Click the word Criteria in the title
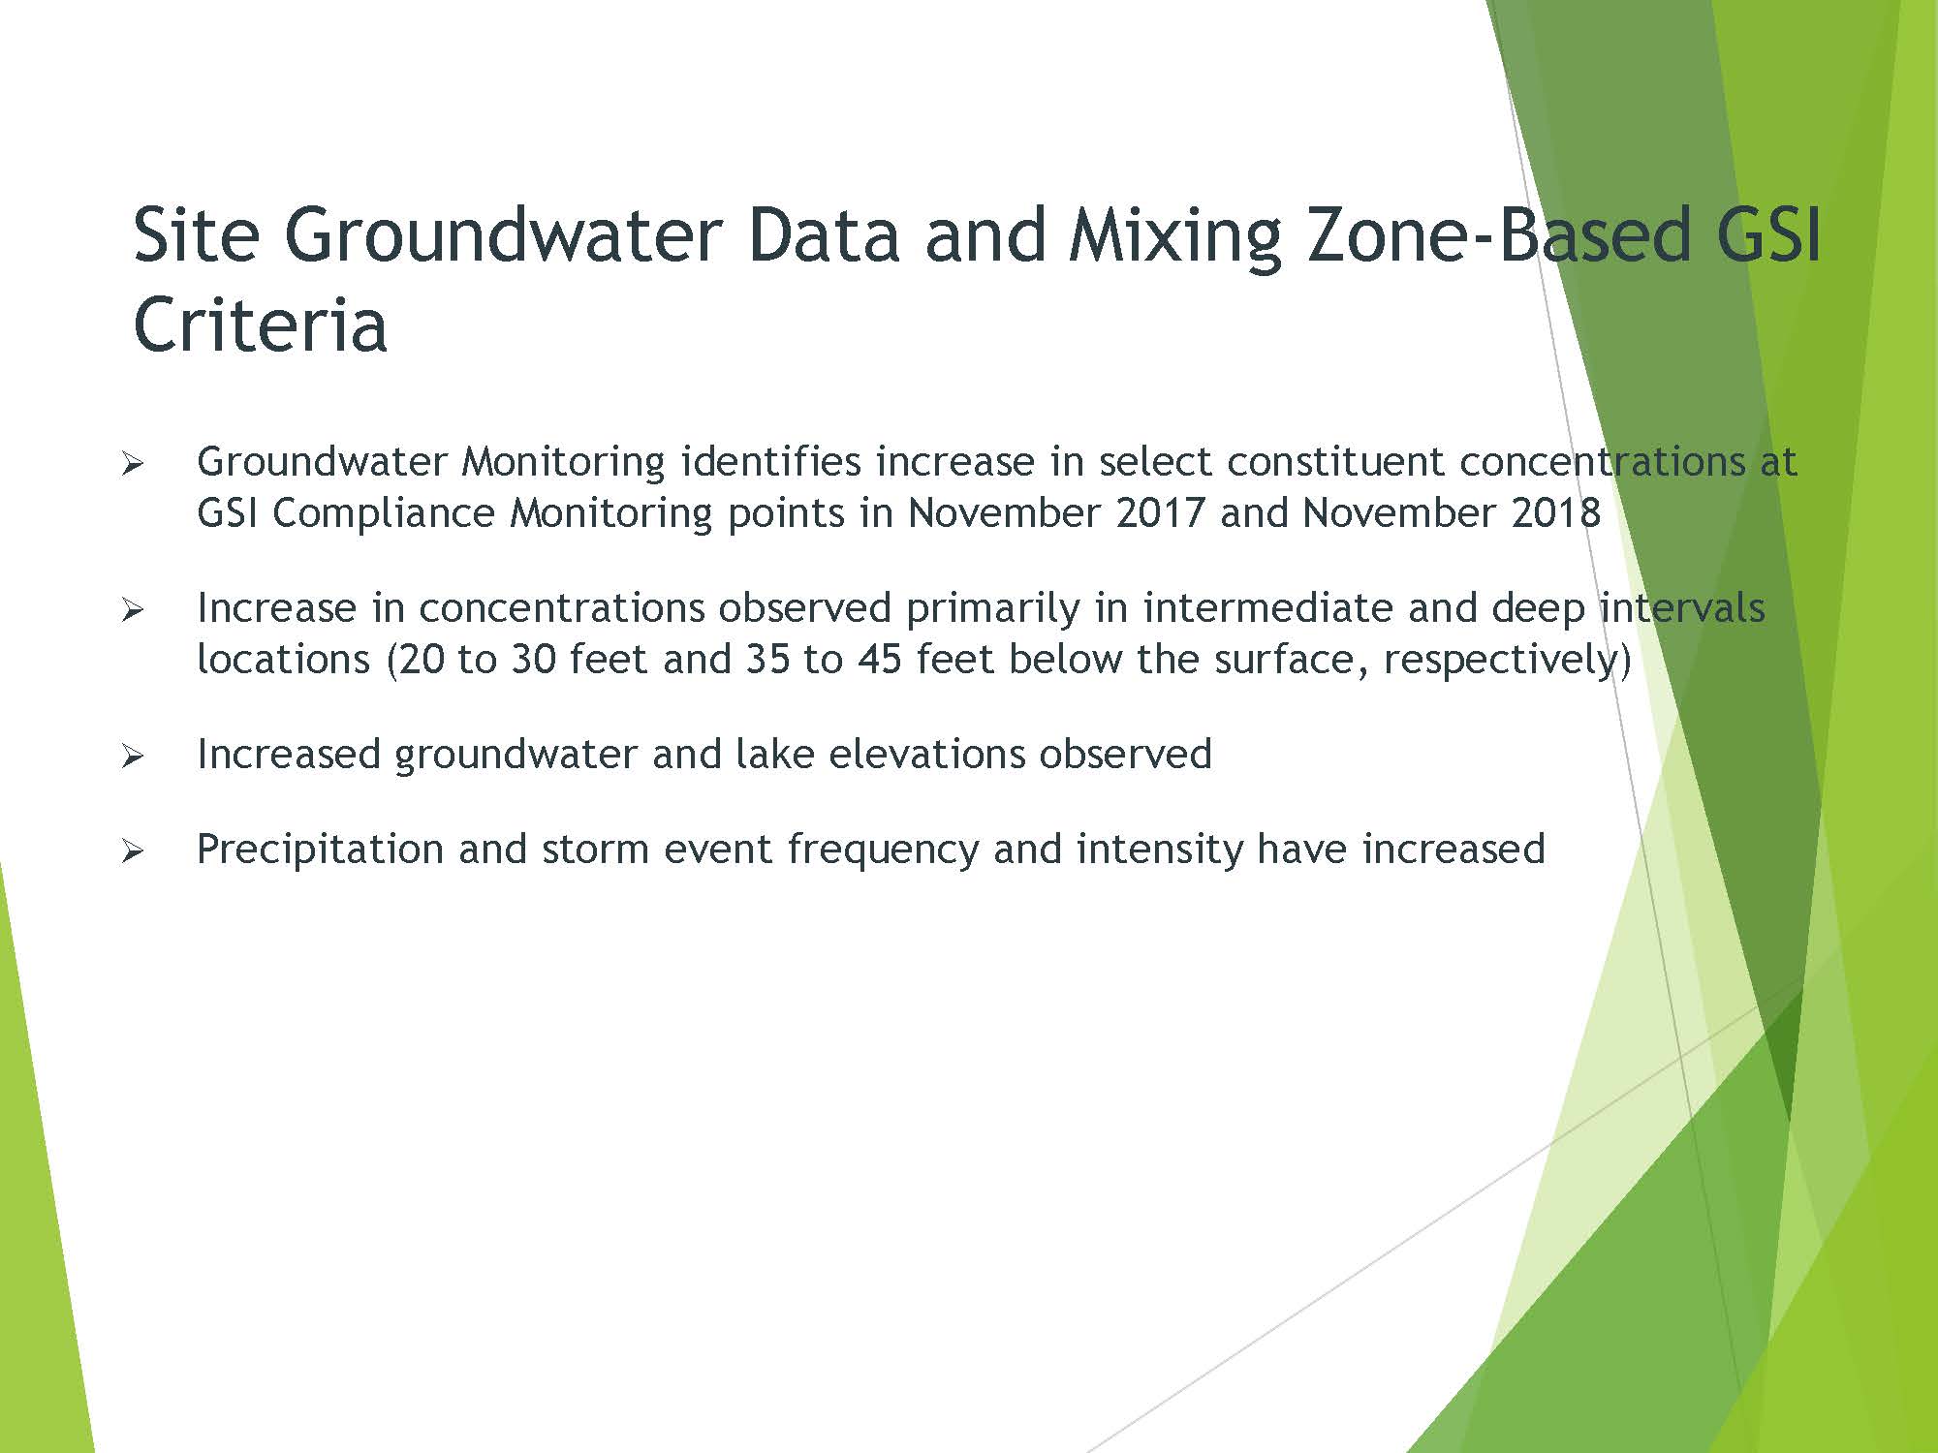tap(260, 324)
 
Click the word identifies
tap(770, 462)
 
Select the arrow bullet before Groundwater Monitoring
tap(133, 465)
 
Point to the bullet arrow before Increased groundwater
tap(133, 757)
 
